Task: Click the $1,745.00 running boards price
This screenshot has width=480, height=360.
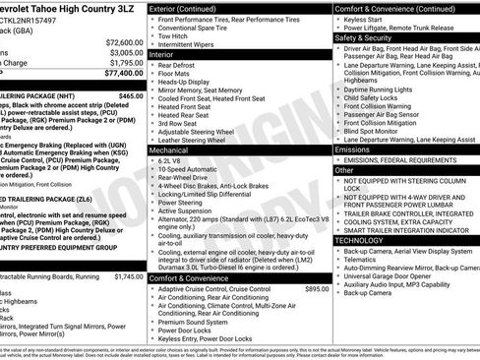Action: [x=128, y=276]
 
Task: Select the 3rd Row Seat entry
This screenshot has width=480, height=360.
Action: [x=182, y=123]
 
